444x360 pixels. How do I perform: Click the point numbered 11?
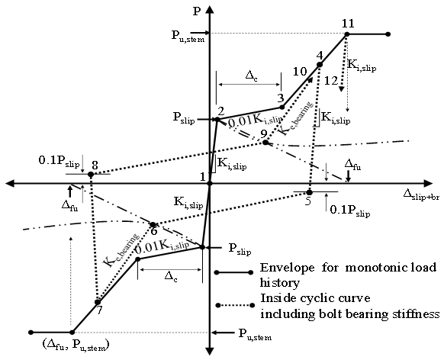[x=347, y=34]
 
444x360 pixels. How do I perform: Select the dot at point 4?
[x=320, y=65]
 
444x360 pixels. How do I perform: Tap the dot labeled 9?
[x=265, y=142]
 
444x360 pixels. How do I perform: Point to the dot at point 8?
[x=91, y=175]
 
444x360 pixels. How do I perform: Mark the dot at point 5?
[x=309, y=192]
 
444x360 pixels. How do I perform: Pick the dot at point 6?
[x=153, y=225]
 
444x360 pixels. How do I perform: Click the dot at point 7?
[x=98, y=302]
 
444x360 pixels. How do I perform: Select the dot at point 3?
[x=282, y=108]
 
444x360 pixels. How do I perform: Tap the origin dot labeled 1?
[x=210, y=184]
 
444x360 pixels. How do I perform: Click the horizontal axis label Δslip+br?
[x=421, y=195]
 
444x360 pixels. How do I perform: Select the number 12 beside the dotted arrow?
[x=331, y=81]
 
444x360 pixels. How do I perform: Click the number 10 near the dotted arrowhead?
[x=300, y=72]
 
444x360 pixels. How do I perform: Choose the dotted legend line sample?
[x=234, y=305]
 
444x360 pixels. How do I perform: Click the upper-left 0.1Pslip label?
[x=59, y=161]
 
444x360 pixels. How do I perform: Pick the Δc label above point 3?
[x=251, y=76]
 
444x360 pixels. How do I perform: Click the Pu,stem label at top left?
[x=188, y=36]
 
